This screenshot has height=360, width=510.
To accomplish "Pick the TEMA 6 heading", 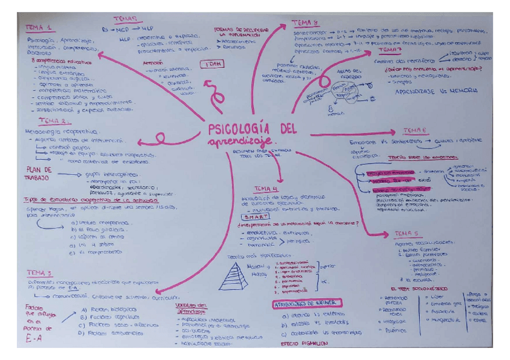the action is (416, 132).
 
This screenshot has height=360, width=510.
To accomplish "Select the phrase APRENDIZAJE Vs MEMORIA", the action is (437, 91).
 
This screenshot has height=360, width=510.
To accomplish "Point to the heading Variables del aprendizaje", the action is (192, 308).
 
